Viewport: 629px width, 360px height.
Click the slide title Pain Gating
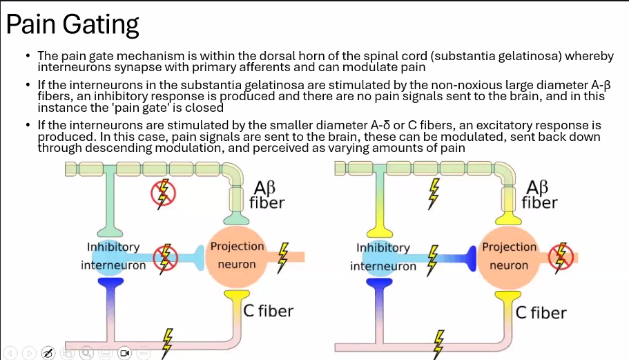[72, 25]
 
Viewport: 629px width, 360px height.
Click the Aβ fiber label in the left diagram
[267, 195]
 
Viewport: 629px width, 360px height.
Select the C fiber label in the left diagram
[269, 311]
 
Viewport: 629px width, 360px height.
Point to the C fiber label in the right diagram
[541, 312]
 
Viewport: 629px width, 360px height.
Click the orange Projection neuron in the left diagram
[237, 256]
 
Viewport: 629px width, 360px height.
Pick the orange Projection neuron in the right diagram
[509, 256]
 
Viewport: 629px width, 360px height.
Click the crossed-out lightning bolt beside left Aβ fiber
[164, 194]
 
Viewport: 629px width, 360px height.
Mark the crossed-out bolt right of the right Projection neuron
[561, 256]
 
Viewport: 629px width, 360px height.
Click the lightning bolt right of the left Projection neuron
[282, 255]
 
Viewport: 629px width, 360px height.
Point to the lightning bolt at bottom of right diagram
[437, 341]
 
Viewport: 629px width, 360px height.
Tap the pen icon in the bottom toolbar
[48, 353]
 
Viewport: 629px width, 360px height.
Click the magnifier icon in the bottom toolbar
[86, 353]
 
